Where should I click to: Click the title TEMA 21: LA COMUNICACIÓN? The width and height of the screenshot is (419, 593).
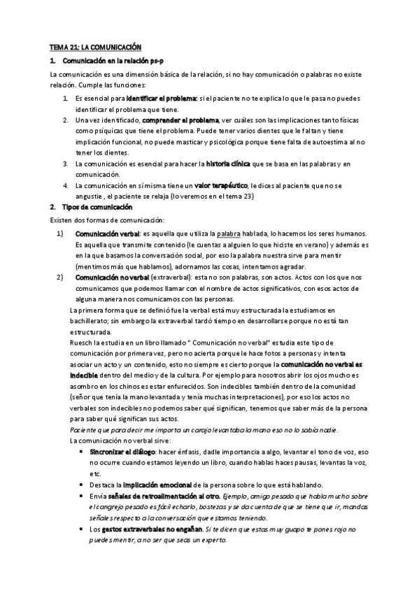click(94, 47)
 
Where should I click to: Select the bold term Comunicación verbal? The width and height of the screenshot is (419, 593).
click(107, 233)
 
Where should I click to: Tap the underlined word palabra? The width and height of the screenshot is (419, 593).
click(229, 233)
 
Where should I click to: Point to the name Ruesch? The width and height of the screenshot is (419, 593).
click(83, 343)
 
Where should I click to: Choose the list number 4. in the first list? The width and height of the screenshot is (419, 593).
click(65, 185)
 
